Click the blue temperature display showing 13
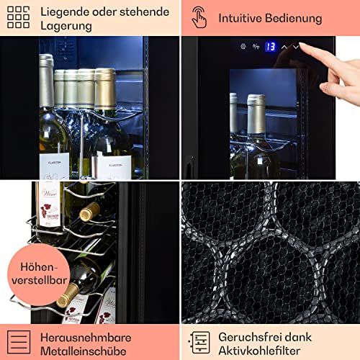pos(270,47)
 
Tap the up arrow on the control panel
pos(284,47)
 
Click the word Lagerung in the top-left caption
pos(66,26)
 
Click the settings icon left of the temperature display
pos(243,47)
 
